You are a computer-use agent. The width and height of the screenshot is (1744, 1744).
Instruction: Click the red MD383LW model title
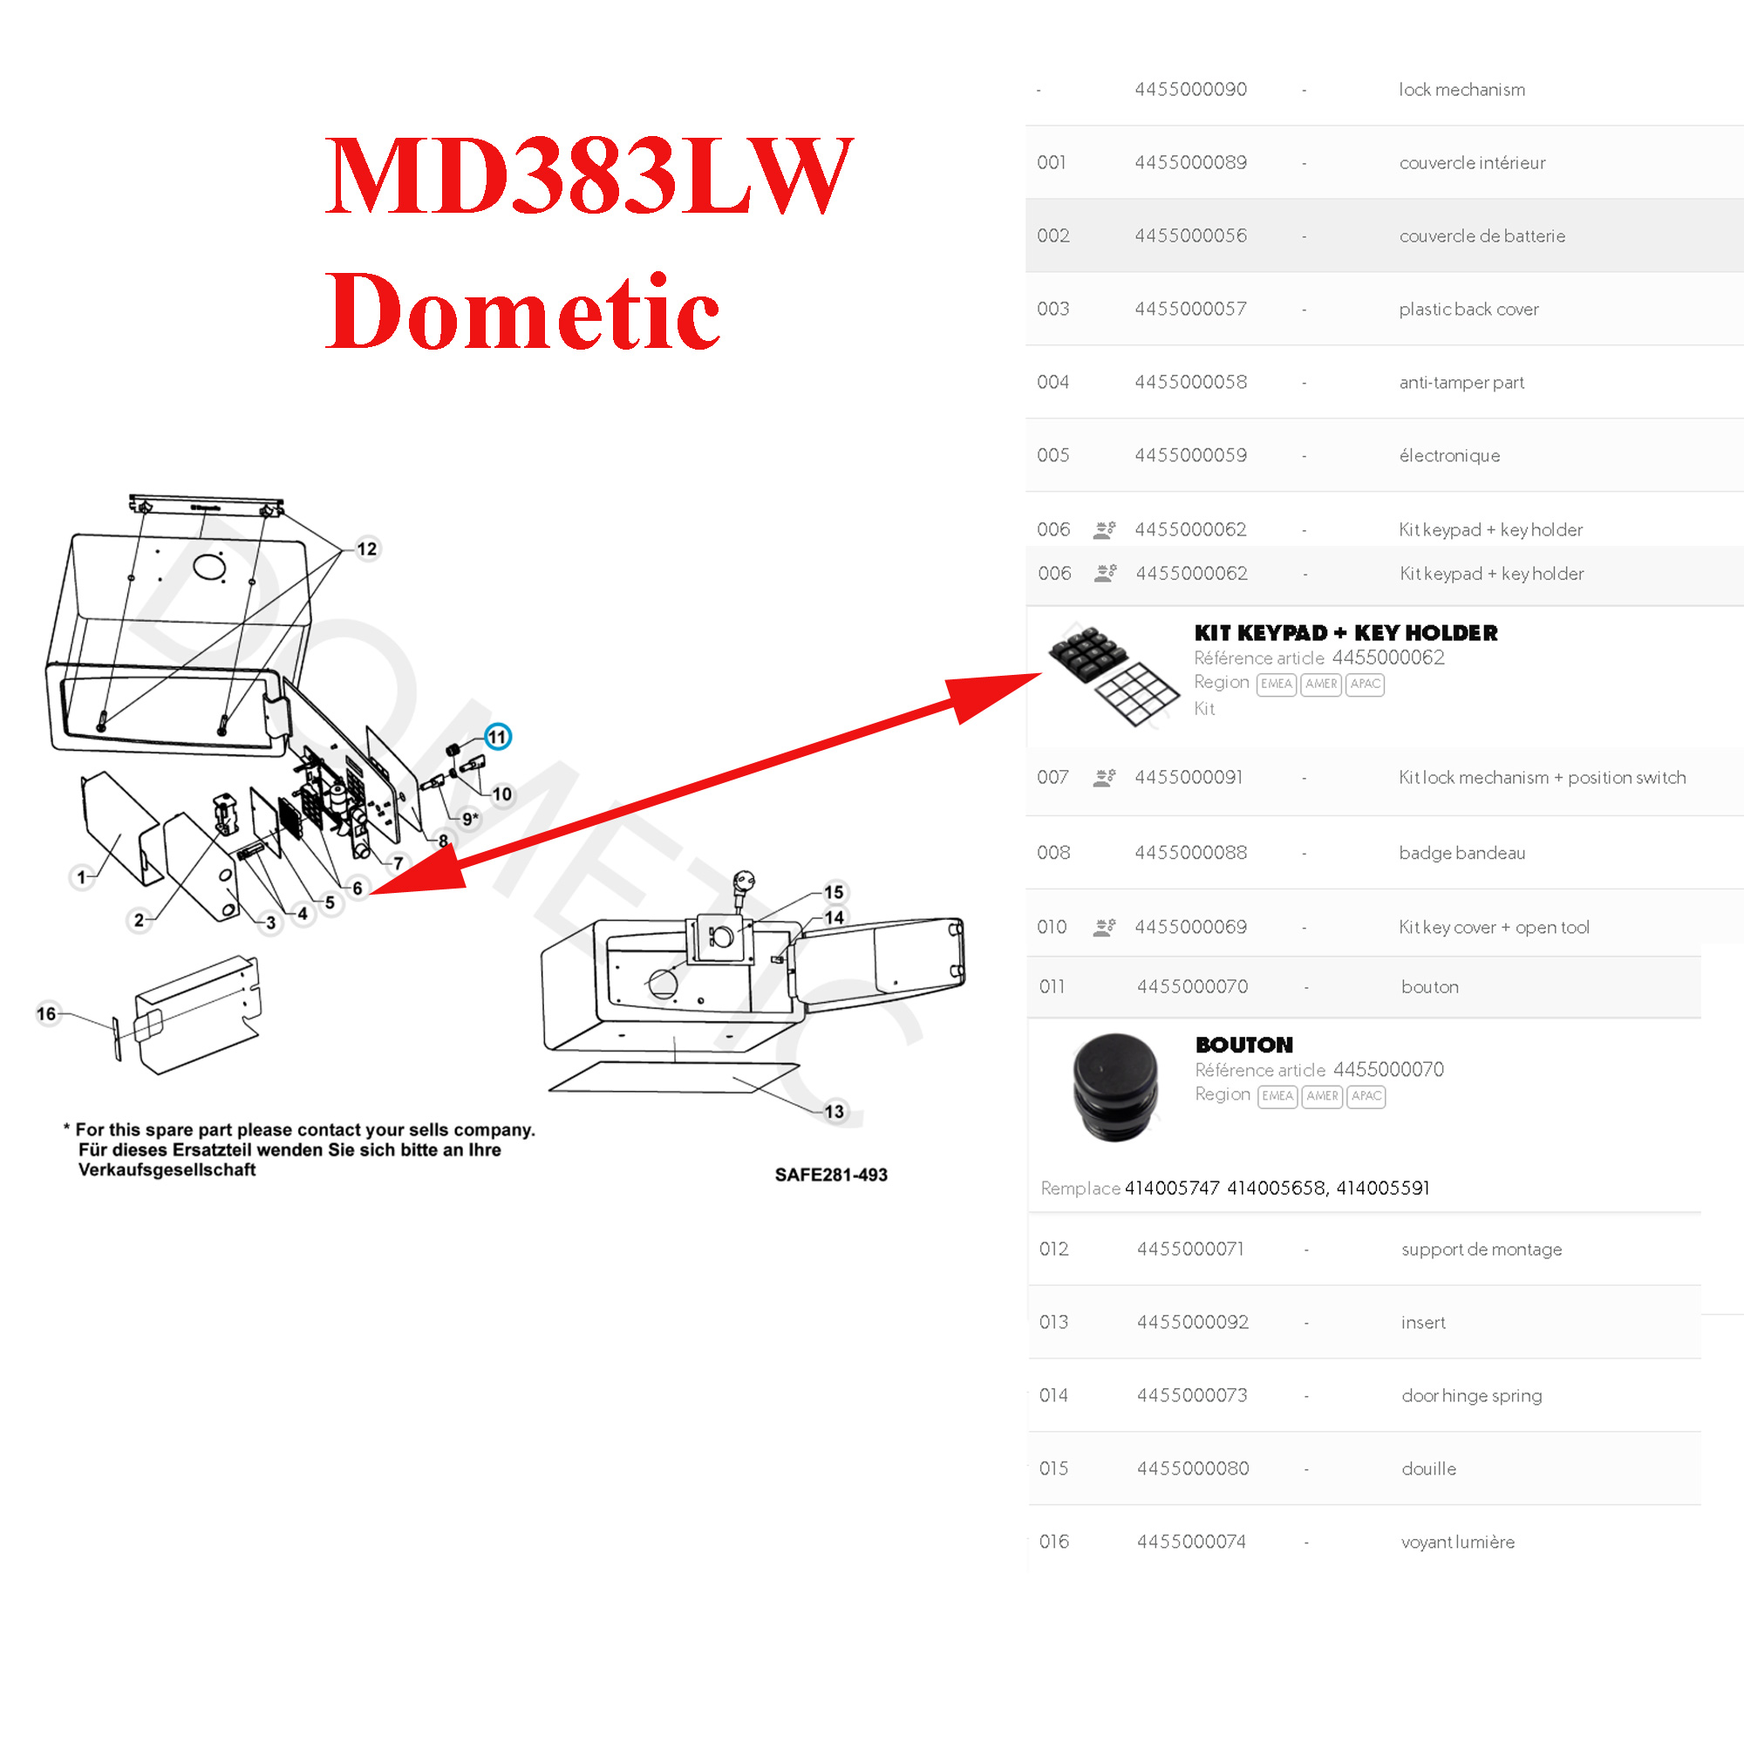tap(589, 175)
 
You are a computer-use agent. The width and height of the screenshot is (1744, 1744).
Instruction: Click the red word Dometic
tap(522, 311)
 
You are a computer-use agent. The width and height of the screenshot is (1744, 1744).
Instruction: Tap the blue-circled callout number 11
tap(497, 737)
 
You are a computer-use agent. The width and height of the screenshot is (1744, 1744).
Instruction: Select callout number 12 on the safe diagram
tap(366, 548)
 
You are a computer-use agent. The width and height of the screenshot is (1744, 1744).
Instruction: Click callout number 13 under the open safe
tap(835, 1111)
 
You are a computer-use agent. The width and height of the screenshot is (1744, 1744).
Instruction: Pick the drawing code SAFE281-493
tap(830, 1175)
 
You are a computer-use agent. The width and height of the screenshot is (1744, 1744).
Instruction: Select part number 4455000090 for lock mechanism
tap(1190, 89)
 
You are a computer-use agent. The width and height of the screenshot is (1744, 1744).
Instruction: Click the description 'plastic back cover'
tap(1468, 310)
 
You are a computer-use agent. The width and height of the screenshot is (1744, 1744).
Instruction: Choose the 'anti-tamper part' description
tap(1461, 383)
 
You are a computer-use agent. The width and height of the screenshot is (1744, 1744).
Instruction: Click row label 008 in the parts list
tap(1053, 853)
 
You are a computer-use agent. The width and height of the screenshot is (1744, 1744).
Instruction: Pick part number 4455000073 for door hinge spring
tap(1191, 1395)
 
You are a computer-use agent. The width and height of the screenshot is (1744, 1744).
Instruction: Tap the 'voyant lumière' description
tap(1458, 1542)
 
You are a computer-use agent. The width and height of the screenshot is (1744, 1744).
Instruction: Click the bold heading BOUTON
tap(1244, 1045)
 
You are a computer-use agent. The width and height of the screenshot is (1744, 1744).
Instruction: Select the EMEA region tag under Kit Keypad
tap(1277, 685)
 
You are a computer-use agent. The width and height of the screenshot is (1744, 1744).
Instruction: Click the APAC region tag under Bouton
tap(1366, 1096)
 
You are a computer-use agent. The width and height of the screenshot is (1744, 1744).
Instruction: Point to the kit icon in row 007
tap(1104, 778)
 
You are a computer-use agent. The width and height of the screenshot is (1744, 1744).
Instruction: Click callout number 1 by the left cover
tap(81, 876)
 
